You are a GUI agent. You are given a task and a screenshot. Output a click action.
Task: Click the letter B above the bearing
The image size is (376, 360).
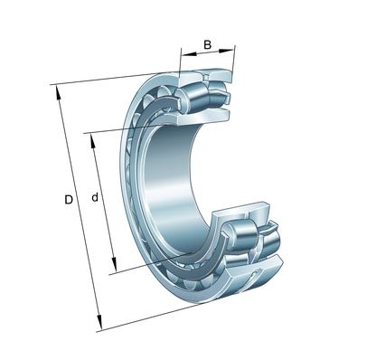207,44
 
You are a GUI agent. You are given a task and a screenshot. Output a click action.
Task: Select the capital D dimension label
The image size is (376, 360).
69,200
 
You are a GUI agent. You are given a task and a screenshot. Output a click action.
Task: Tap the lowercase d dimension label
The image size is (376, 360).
95,197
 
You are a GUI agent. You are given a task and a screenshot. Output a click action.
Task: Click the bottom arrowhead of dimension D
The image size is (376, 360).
99,323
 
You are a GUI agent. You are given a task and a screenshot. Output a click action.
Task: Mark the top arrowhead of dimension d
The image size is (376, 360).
93,140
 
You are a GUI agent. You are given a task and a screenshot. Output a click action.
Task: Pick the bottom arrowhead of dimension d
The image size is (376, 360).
114,264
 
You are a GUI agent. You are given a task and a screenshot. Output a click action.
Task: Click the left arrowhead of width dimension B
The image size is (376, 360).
189,54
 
